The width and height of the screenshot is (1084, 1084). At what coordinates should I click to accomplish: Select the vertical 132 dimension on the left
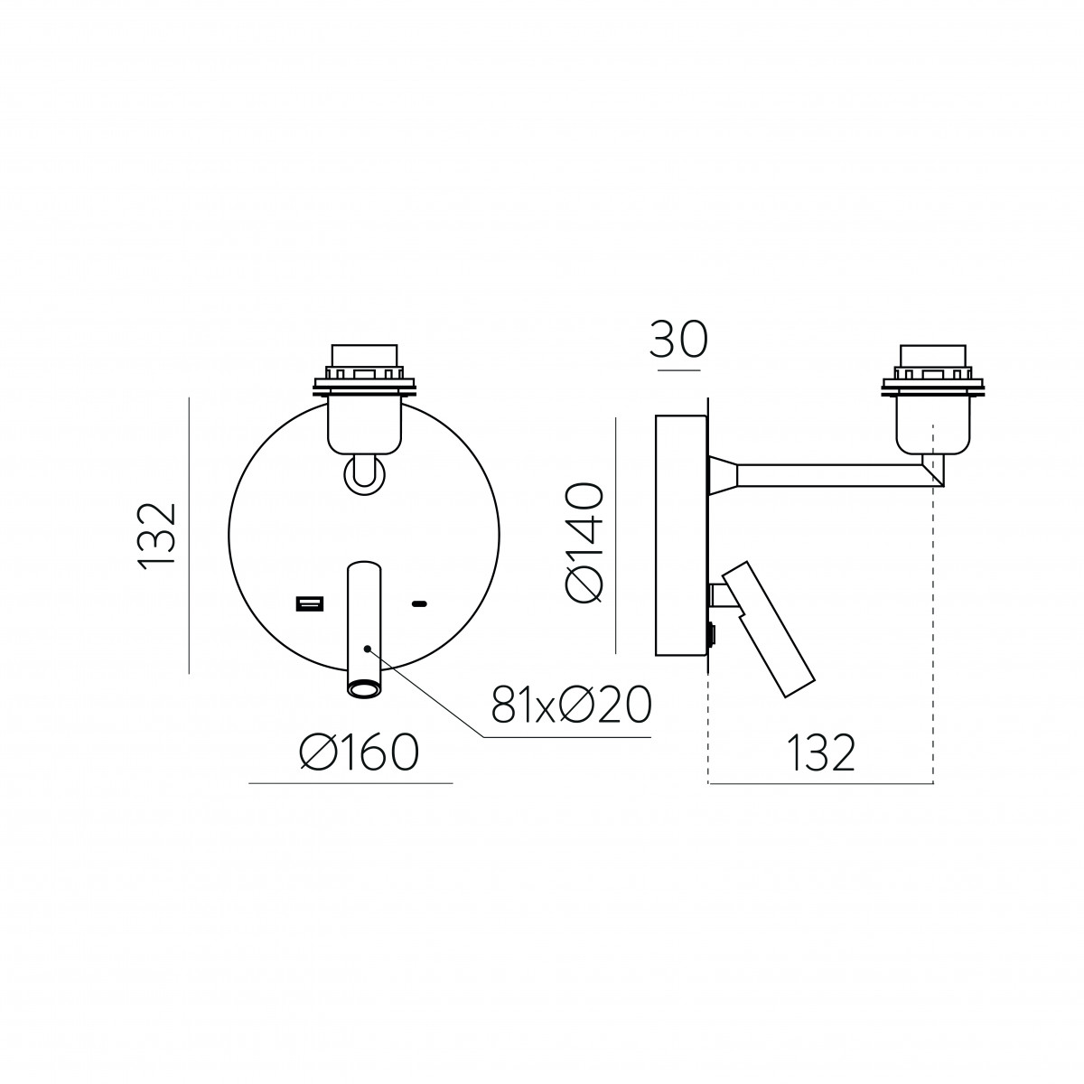tap(158, 537)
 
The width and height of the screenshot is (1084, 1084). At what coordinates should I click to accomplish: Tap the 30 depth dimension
tap(677, 340)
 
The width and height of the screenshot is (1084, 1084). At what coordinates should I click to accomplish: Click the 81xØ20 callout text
tap(572, 704)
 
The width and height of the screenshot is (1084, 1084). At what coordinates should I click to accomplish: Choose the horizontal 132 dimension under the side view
tap(822, 752)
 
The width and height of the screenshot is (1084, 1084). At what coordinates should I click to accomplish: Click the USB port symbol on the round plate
tap(309, 604)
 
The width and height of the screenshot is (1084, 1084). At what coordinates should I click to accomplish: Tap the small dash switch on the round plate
tap(420, 604)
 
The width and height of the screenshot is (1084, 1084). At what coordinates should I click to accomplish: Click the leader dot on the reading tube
tap(368, 649)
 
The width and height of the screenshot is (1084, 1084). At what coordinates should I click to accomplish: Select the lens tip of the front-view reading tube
tap(363, 688)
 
